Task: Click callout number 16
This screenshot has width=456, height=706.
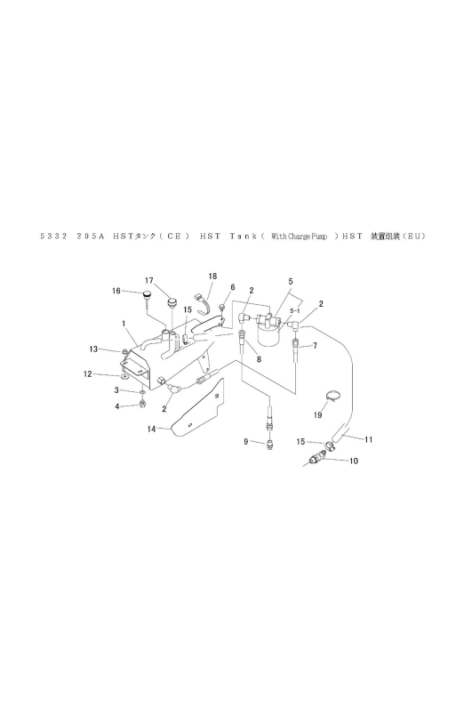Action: click(116, 291)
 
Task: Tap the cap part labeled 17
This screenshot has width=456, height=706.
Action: click(172, 301)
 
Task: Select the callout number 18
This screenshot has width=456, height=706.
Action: click(212, 276)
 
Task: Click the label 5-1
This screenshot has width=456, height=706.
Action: click(295, 310)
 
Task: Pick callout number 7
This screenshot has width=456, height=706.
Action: click(315, 346)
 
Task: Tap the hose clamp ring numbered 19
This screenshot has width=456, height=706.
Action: click(332, 397)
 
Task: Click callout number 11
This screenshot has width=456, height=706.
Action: click(368, 439)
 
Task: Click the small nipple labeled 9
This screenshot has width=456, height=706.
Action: click(269, 445)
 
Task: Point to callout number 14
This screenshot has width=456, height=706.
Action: click(151, 429)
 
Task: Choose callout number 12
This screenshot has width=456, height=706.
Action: click(87, 373)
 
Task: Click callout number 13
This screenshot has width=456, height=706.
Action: click(92, 349)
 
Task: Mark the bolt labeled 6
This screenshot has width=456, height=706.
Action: click(222, 307)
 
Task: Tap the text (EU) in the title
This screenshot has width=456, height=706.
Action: click(414, 236)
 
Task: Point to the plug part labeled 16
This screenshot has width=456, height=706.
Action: click(147, 296)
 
